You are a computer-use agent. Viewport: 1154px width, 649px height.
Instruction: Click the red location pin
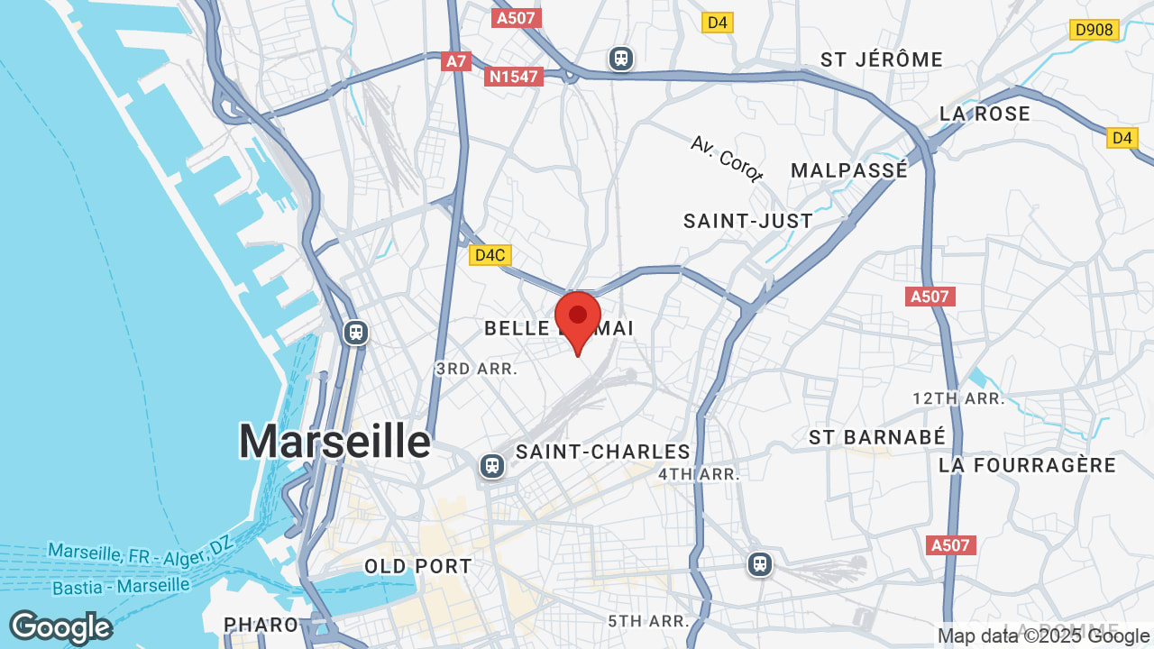coord(578,318)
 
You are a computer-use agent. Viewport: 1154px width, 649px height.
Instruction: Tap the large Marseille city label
coord(334,442)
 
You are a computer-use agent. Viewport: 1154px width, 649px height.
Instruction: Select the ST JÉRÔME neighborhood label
coord(881,59)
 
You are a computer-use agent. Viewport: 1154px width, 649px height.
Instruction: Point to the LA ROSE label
coord(985,114)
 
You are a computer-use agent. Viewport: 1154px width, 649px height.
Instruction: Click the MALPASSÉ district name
coord(849,170)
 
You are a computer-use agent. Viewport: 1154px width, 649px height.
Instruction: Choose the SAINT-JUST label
coord(748,221)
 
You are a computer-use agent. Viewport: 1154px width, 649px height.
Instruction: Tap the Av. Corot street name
coord(727,159)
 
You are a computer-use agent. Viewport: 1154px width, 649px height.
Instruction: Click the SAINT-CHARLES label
coord(603,452)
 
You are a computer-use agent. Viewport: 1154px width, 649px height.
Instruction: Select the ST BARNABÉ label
coord(877,437)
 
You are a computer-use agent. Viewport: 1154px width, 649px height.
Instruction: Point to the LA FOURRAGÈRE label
coord(1027,465)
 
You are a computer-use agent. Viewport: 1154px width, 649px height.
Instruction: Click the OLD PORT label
coord(418,566)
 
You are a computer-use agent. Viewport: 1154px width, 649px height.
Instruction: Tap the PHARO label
coord(261,624)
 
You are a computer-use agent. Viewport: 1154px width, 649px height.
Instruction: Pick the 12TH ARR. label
coord(958,398)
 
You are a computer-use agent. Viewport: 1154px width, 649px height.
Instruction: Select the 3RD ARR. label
coord(476,369)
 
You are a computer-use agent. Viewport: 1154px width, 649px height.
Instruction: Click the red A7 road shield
coord(456,61)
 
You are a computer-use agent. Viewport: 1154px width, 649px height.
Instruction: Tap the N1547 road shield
coord(514,77)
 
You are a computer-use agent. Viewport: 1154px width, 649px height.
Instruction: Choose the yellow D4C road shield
coord(490,255)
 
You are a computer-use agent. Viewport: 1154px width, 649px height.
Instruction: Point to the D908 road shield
coord(1094,30)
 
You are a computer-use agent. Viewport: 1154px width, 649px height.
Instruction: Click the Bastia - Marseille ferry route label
coord(121,587)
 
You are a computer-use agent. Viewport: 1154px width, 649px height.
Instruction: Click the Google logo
coord(60,627)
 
